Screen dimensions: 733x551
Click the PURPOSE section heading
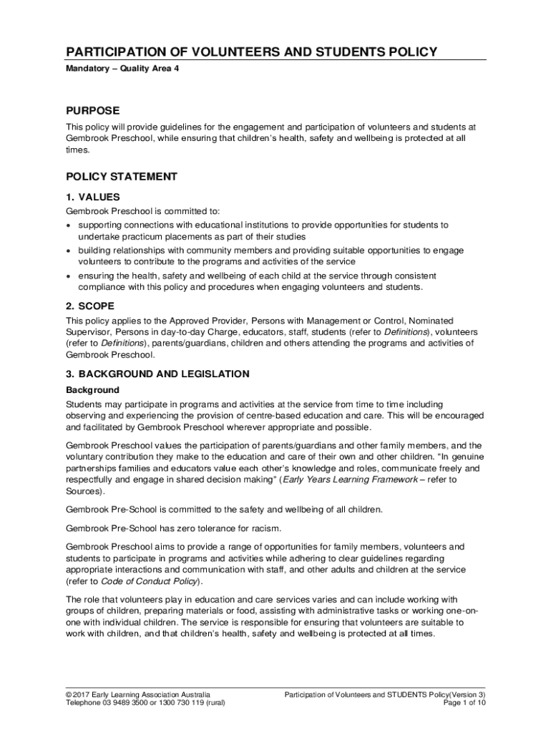[93, 111]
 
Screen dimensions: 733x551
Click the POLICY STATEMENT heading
[122, 176]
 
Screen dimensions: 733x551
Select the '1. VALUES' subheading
[93, 197]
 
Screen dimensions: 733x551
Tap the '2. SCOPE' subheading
[90, 306]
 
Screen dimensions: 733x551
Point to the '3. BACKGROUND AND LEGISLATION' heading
[157, 374]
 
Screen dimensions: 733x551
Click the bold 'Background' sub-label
[92, 390]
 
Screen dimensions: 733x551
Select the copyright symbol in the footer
[69, 694]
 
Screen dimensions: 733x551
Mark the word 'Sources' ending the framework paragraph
[83, 492]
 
